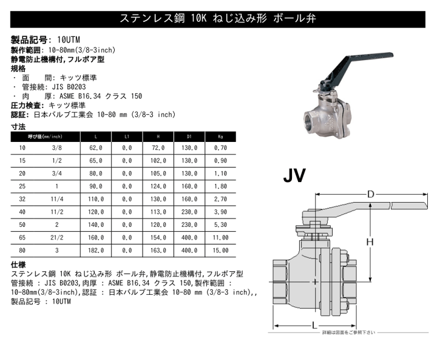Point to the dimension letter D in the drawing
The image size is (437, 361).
pyautogui.click(x=370, y=194)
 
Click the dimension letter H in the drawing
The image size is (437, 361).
pyautogui.click(x=368, y=243)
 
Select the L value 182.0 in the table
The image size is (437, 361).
pyautogui.click(x=97, y=249)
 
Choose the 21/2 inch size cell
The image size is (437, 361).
pyautogui.click(x=57, y=237)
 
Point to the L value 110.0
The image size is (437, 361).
pyautogui.click(x=97, y=198)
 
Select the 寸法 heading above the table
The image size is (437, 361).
pyautogui.click(x=18, y=127)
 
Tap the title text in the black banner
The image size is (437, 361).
pyautogui.click(x=218, y=18)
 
